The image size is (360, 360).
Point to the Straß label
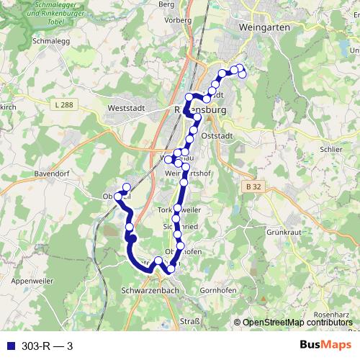[189, 320]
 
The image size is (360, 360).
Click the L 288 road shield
[63, 105]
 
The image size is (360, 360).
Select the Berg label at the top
[166, 4]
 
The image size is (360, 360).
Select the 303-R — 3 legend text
[48, 346]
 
